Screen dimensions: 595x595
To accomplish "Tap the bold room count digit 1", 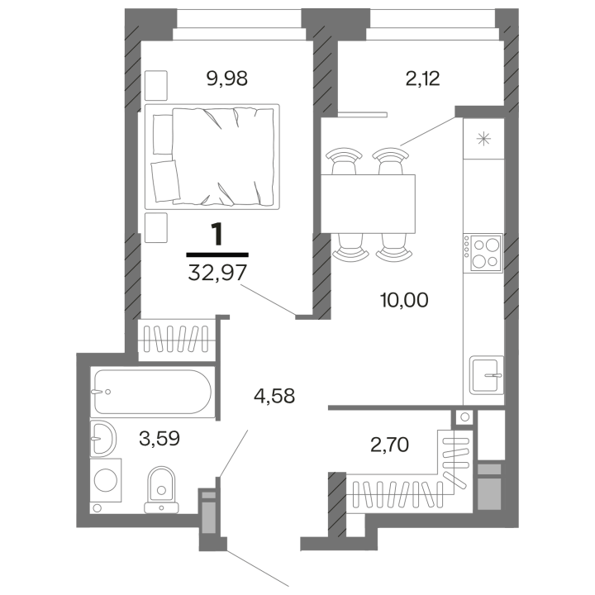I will [x=217, y=235].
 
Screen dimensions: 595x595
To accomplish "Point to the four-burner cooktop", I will [x=482, y=253].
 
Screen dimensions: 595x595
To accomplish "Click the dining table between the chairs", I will [x=369, y=203].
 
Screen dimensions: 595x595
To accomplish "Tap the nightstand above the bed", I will [x=156, y=84].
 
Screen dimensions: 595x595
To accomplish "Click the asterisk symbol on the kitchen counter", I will [x=483, y=140].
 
